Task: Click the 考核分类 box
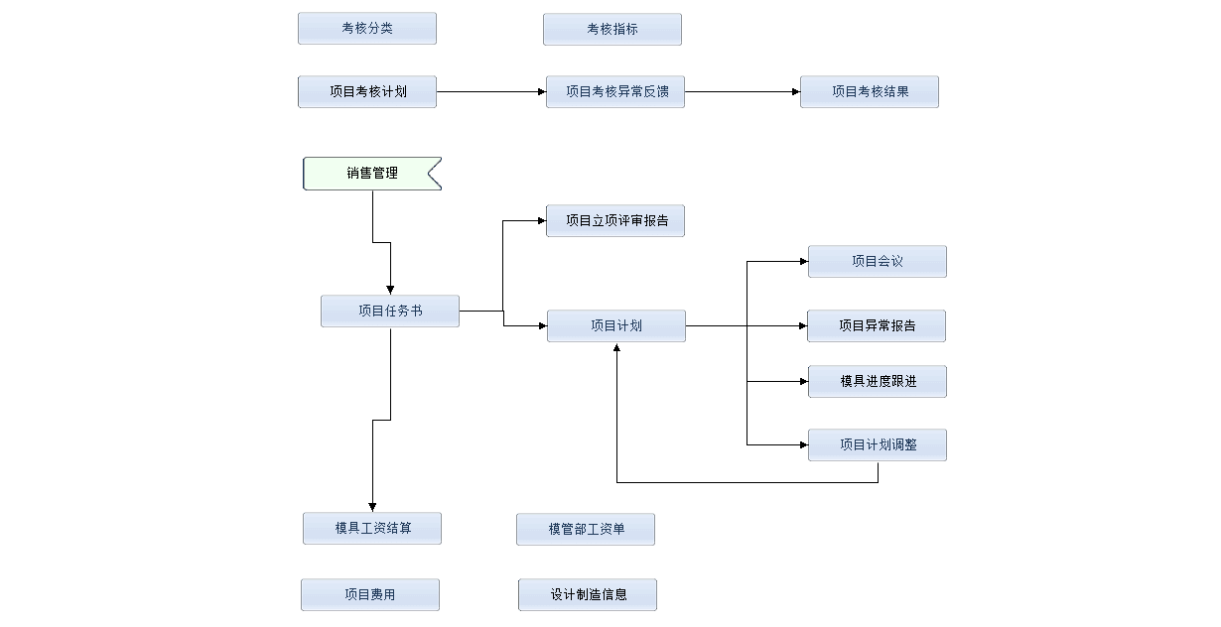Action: click(x=367, y=29)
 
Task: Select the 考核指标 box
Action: click(x=612, y=30)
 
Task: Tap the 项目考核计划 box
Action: click(x=367, y=92)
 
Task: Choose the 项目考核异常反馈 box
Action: click(x=615, y=92)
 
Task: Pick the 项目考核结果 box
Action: click(x=870, y=92)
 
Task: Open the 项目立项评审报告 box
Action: click(x=615, y=221)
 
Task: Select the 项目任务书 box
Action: click(x=390, y=312)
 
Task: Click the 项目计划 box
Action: click(x=616, y=326)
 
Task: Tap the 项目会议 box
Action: click(x=878, y=262)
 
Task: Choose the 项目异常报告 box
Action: click(x=877, y=326)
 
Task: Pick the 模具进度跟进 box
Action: click(x=878, y=382)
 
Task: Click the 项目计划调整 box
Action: click(x=878, y=445)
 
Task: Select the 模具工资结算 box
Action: click(x=372, y=529)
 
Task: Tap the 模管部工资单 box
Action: click(x=586, y=530)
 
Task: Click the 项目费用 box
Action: click(x=370, y=595)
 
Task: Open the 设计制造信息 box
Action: click(x=588, y=595)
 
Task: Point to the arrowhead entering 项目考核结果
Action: click(x=795, y=92)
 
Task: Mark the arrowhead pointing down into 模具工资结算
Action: click(x=372, y=507)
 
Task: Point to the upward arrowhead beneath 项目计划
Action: click(x=616, y=348)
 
